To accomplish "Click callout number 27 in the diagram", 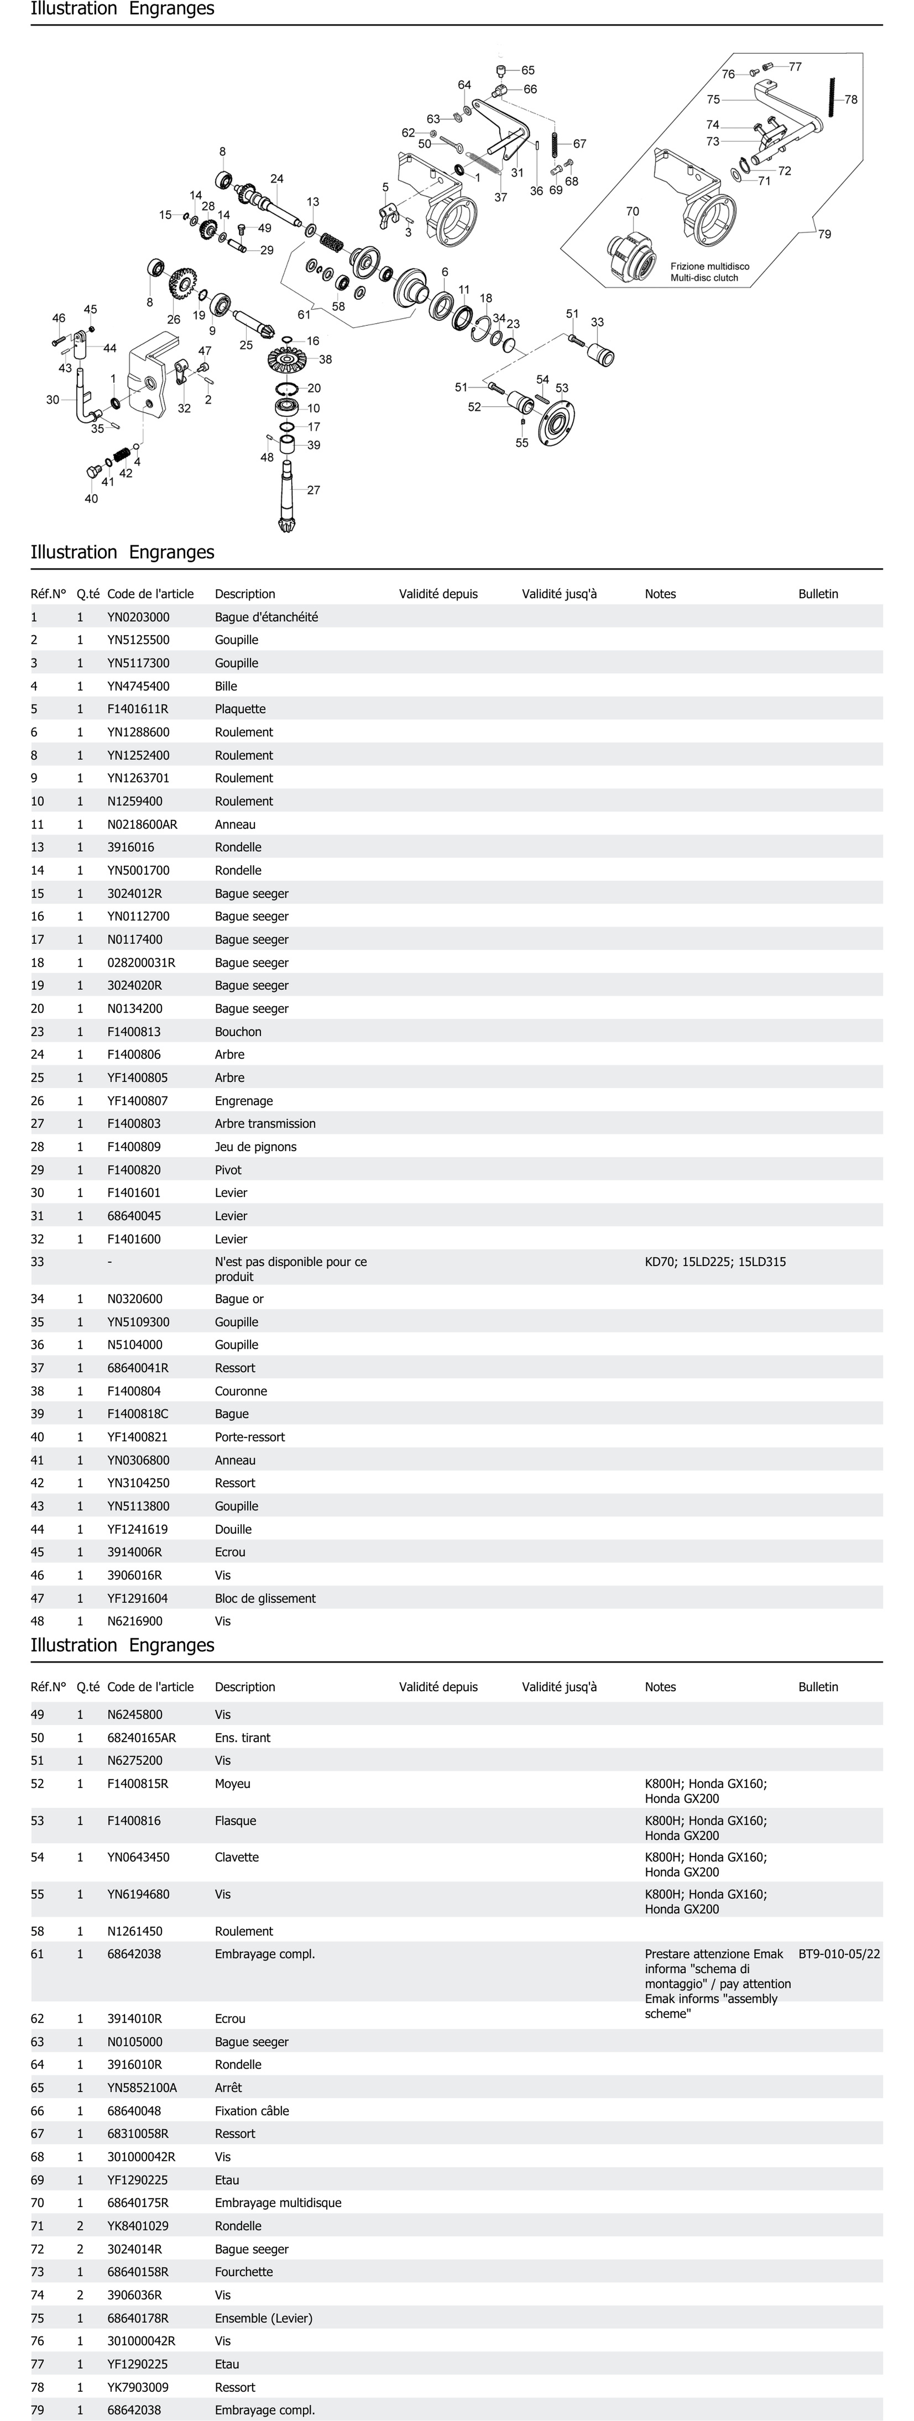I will (x=313, y=490).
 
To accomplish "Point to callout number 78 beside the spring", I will (x=850, y=100).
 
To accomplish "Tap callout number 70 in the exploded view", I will (x=632, y=211).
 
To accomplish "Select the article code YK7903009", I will (x=138, y=2387).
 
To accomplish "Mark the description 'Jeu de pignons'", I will (x=255, y=1147).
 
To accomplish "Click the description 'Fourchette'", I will (x=244, y=2271).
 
